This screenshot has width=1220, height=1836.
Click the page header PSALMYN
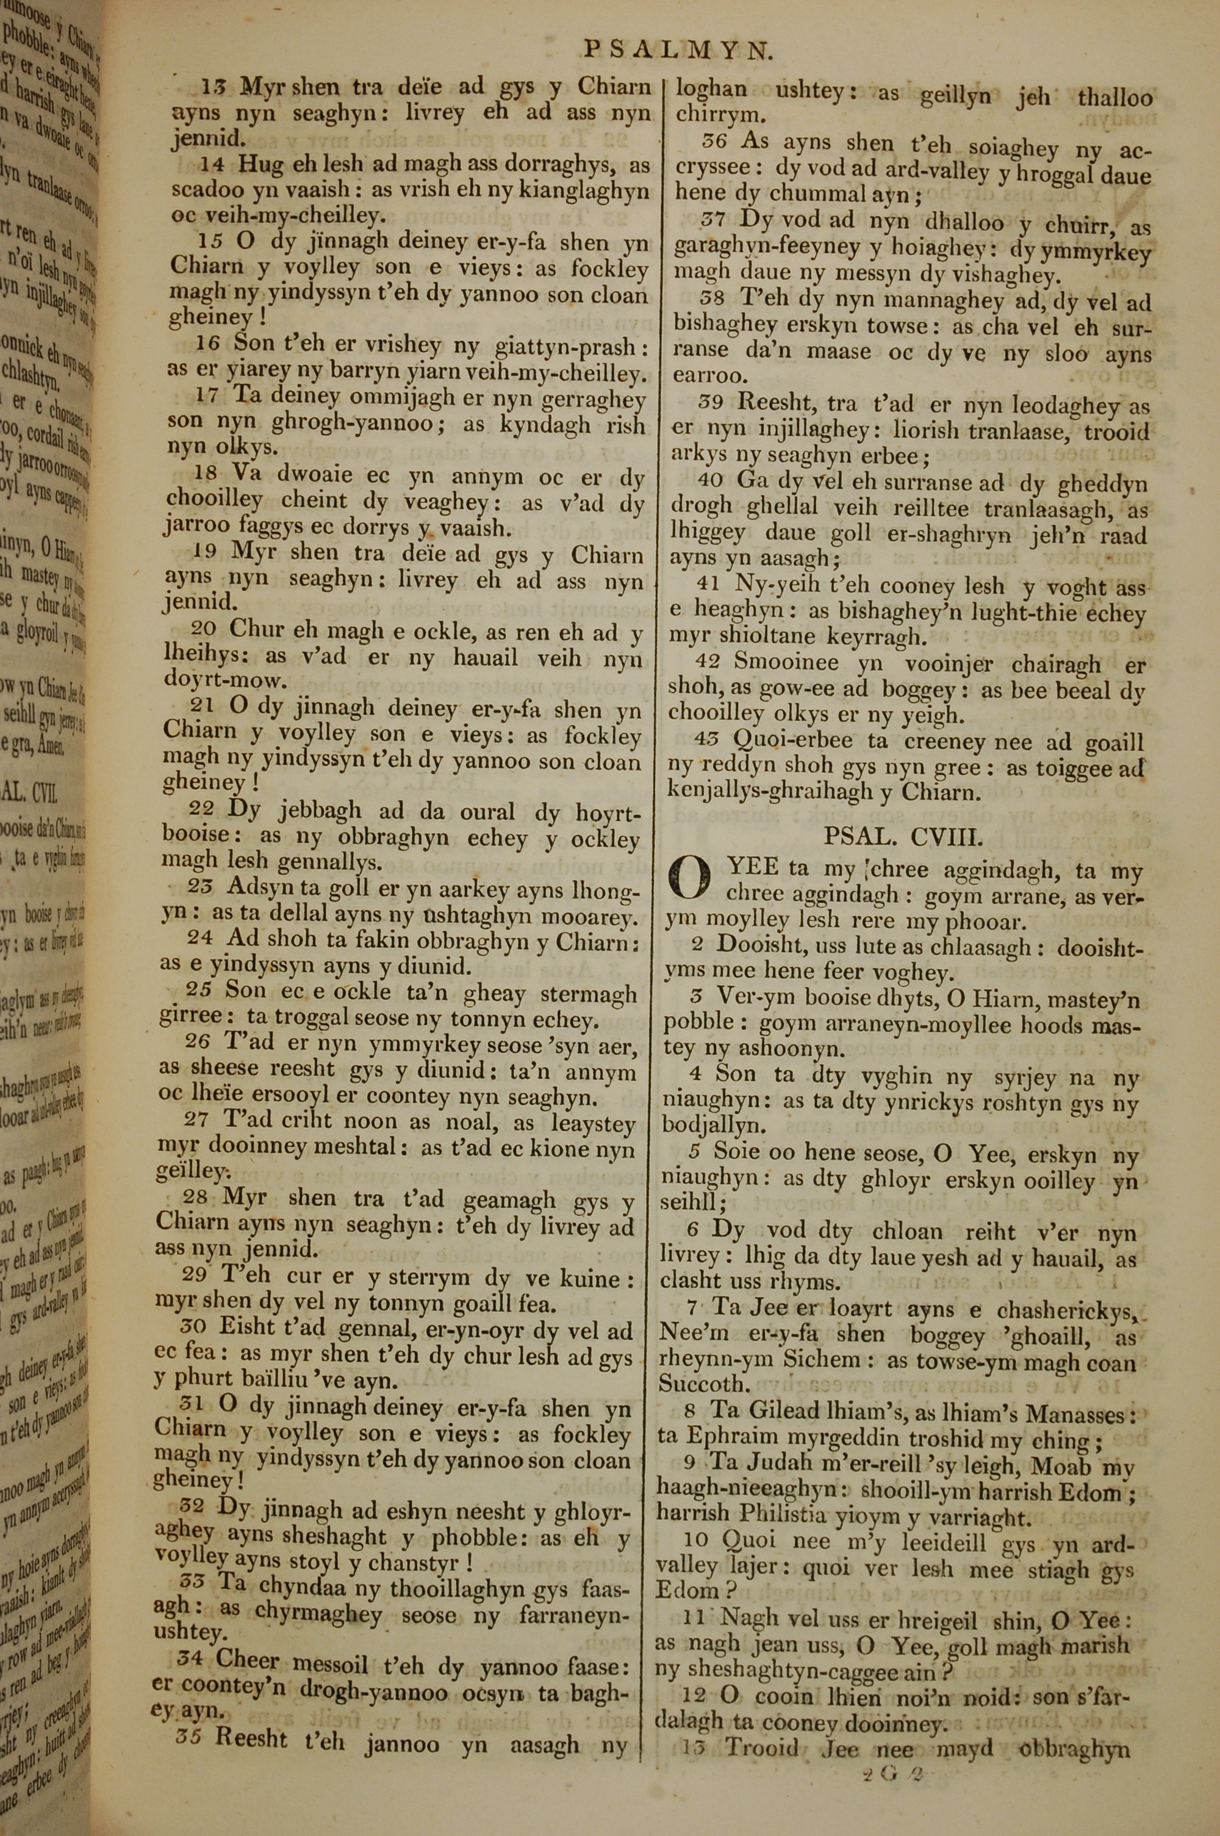click(x=678, y=51)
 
